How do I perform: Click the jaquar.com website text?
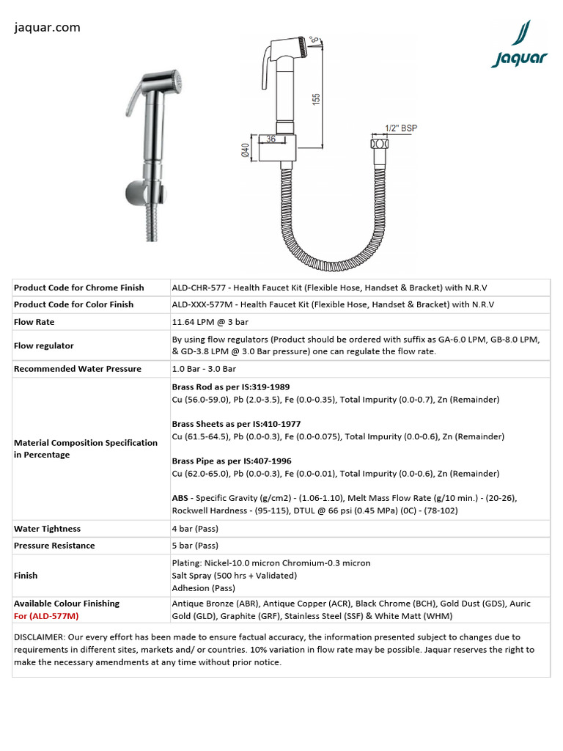(x=47, y=28)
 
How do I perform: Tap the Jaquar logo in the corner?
(x=519, y=45)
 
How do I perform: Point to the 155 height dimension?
(x=317, y=98)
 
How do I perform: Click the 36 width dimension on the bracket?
(x=271, y=138)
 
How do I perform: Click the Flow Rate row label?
(x=34, y=322)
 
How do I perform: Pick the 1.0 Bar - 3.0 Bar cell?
(x=204, y=369)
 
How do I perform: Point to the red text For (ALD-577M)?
(x=46, y=616)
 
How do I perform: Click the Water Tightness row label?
(x=47, y=529)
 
